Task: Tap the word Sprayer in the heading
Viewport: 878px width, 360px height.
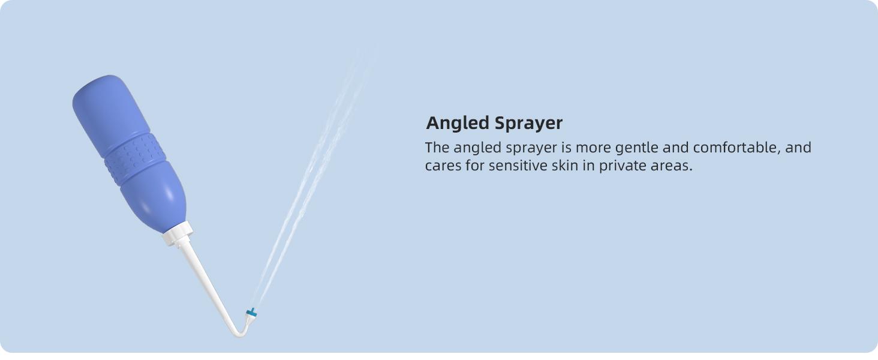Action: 528,124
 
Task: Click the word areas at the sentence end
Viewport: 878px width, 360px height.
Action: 672,166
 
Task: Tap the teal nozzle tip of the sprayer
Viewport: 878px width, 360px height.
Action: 251,313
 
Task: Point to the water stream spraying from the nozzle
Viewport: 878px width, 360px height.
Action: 314,176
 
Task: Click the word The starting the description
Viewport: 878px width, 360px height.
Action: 437,148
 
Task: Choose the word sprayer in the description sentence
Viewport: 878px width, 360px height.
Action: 531,148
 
